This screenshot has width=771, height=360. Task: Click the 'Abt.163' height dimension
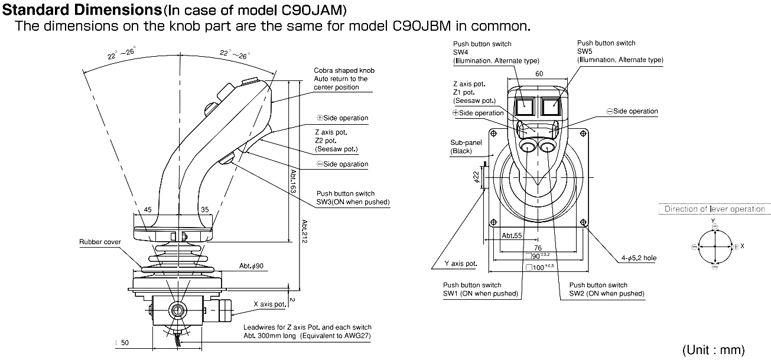tap(293, 181)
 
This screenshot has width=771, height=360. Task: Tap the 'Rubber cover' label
tap(100, 242)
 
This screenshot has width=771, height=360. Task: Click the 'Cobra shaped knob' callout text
tap(344, 70)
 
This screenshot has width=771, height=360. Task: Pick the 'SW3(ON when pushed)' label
tap(353, 202)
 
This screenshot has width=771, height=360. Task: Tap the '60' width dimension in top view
tap(538, 74)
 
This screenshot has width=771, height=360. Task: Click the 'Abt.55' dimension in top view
tap(512, 235)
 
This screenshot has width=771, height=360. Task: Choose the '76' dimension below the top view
tap(537, 248)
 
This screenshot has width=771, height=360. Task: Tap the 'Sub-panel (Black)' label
tap(466, 147)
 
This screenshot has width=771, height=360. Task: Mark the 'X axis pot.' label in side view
tap(269, 304)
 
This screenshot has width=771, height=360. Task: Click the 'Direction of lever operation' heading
tap(714, 209)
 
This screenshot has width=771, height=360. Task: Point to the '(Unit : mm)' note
tap(713, 350)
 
